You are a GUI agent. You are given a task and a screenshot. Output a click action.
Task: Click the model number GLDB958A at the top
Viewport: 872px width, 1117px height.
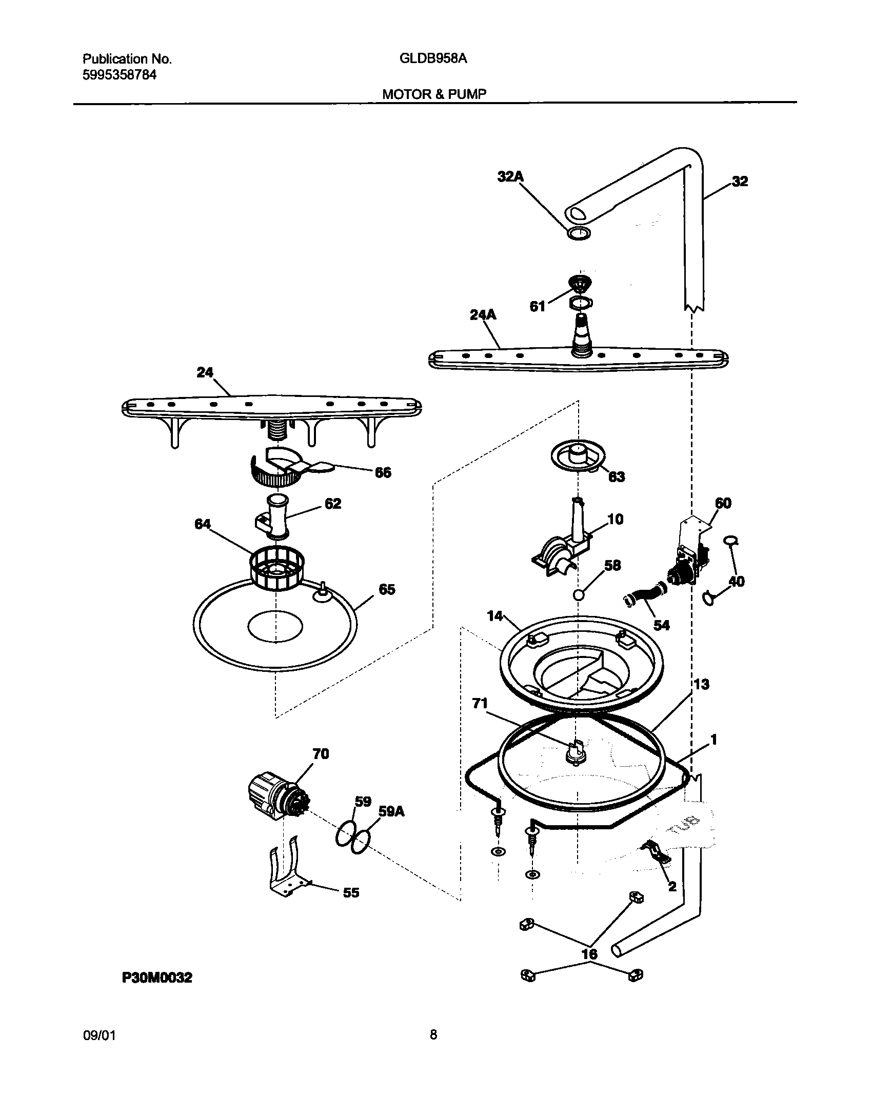coord(433,59)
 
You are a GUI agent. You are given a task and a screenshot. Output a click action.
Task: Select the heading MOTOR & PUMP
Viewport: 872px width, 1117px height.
coord(434,94)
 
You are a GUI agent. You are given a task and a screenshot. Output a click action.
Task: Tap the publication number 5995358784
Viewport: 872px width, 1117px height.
coord(120,75)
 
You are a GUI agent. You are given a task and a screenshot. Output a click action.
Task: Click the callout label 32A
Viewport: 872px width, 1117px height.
coord(510,177)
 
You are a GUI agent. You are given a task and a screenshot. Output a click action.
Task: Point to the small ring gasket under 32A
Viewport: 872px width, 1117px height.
coord(578,233)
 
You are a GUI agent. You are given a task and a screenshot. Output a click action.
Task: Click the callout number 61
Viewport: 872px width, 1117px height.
coord(537,307)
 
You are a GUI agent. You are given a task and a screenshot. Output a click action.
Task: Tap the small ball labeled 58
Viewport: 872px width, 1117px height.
coord(579,595)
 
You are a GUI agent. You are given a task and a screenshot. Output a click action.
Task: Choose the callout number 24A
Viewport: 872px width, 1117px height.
coord(483,315)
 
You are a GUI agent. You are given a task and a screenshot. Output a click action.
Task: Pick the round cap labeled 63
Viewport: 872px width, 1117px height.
coord(578,455)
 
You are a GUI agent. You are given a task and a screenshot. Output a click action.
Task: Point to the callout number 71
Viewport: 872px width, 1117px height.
coord(480,704)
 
